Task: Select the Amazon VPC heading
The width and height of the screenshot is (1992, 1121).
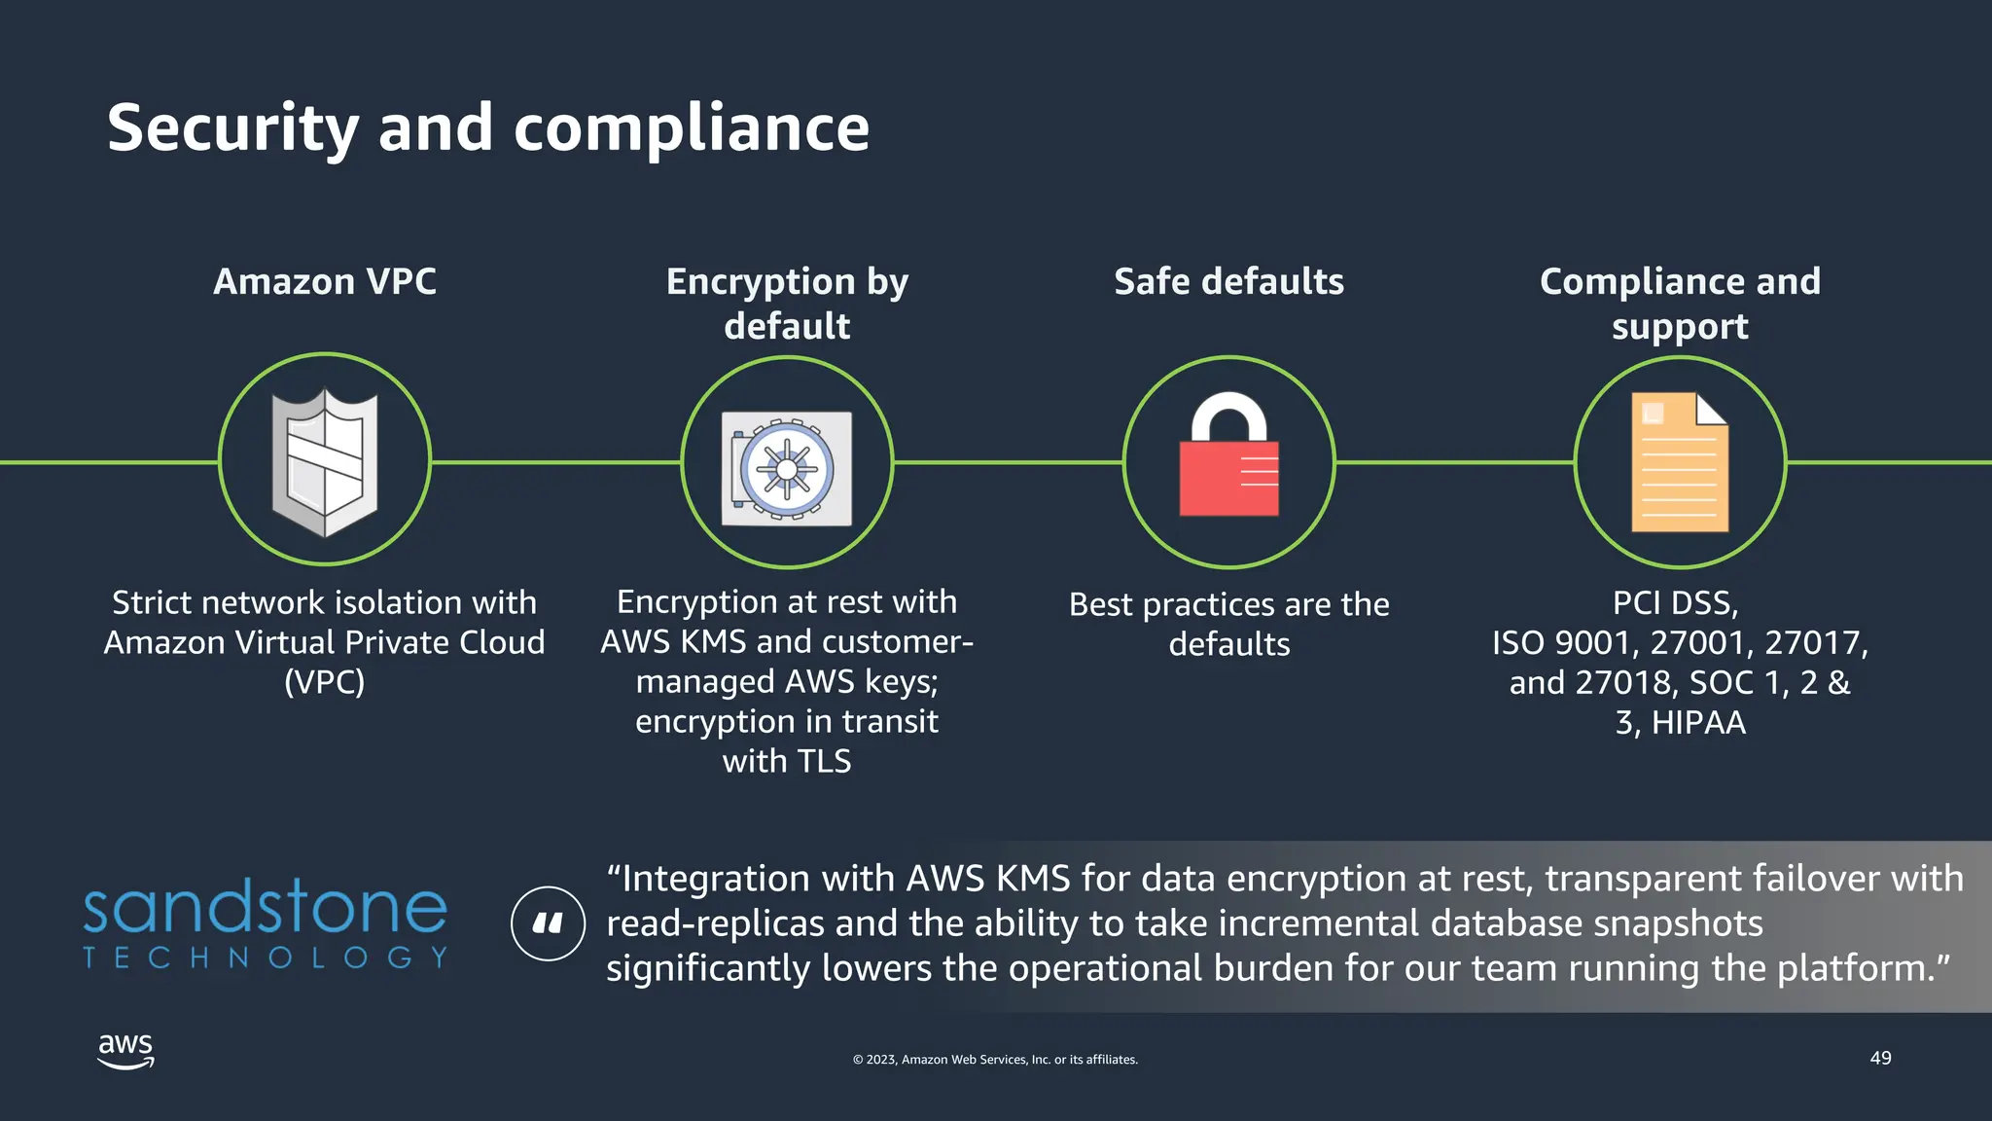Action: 325,281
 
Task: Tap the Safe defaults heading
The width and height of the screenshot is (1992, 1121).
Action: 1228,281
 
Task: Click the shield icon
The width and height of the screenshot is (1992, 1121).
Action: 325,461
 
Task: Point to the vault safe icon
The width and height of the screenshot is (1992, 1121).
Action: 786,468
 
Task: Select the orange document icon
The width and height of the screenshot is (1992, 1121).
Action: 1680,462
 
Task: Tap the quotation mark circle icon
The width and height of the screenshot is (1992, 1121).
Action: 548,923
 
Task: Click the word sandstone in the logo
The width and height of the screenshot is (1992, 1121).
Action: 265,907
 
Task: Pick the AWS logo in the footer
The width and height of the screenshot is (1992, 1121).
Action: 126,1051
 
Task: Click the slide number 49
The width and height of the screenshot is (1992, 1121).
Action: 1880,1058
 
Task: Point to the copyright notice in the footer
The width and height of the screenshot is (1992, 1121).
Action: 995,1060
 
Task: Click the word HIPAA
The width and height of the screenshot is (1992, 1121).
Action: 1698,723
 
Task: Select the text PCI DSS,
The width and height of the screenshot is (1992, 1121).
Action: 1675,603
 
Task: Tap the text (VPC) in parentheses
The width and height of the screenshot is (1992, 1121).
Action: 325,682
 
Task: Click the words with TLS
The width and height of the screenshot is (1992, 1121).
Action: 786,761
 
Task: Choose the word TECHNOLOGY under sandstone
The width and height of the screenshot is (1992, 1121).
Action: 265,958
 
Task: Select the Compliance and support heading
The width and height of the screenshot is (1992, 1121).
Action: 1680,304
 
